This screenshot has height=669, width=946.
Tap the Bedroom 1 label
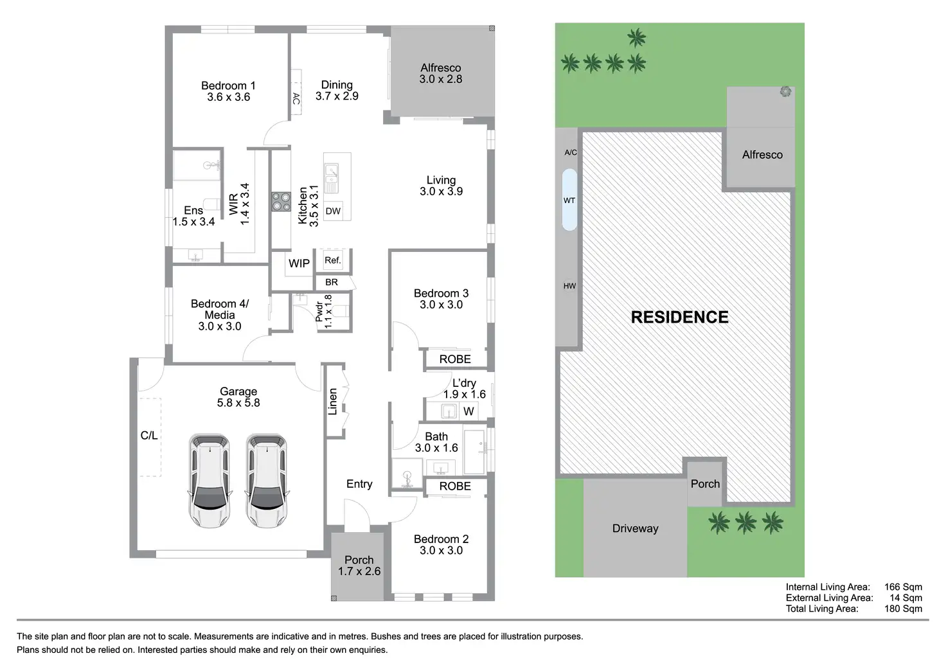pos(228,85)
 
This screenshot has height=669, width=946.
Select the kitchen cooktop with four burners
pos(281,202)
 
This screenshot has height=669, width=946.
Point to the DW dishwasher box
pos(333,211)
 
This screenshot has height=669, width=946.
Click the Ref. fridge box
pos(332,260)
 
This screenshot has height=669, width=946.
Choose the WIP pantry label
pos(299,263)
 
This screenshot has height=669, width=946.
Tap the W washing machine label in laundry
pos(469,411)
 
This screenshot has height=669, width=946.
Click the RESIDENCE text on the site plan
pos(679,317)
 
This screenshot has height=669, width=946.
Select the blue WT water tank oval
pos(569,200)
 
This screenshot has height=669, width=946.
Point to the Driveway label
pos(635,528)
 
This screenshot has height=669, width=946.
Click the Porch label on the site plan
pos(705,484)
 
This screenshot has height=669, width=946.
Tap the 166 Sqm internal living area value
pos(903,587)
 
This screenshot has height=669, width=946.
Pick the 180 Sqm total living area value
pos(903,609)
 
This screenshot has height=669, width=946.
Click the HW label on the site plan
pos(569,286)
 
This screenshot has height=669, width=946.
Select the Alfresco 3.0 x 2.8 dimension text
pos(441,79)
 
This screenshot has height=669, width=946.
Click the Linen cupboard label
pos(333,402)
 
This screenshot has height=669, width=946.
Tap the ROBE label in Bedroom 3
pos(455,359)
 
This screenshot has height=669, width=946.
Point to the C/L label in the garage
pos(149,436)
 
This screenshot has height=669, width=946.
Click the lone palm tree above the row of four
pos(637,39)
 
